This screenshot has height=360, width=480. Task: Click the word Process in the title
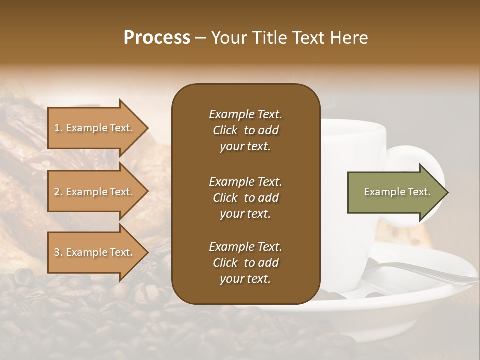click(157, 38)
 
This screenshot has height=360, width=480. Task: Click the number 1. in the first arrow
click(58, 128)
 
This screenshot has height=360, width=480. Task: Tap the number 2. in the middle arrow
click(58, 192)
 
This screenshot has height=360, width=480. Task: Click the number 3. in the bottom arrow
click(58, 252)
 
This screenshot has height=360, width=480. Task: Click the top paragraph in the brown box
click(245, 130)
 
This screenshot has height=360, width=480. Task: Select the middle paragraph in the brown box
click(245, 198)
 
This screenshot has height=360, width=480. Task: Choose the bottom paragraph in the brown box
click(245, 263)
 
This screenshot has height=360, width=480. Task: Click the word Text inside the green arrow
click(420, 192)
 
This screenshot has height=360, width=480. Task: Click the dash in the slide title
click(201, 38)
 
